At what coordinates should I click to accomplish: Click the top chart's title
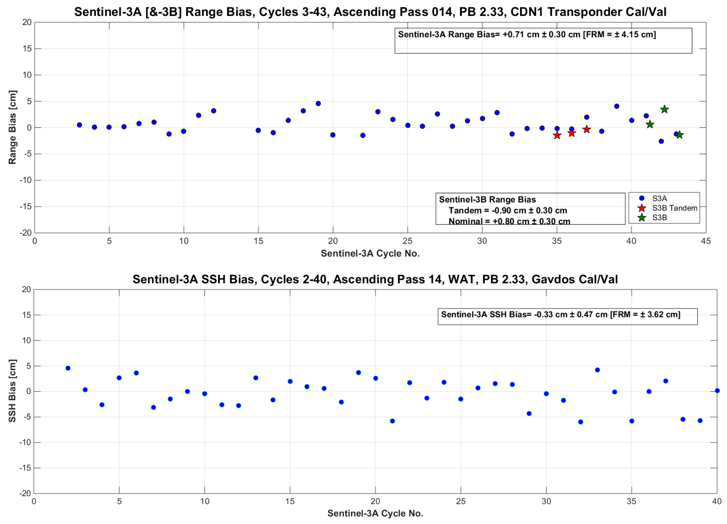(x=370, y=12)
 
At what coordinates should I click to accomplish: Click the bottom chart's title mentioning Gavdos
(x=375, y=279)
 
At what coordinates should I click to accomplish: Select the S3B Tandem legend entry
(x=674, y=208)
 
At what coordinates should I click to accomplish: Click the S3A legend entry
(x=659, y=198)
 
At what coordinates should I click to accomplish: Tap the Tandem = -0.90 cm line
(x=507, y=210)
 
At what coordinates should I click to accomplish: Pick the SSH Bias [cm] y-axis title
(x=12, y=391)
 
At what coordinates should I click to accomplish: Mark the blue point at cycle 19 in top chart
(x=318, y=104)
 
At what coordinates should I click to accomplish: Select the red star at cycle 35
(x=557, y=135)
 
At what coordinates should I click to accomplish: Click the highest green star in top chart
(x=664, y=109)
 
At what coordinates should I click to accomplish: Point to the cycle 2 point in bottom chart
(x=68, y=368)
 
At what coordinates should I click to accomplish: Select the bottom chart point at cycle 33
(x=597, y=370)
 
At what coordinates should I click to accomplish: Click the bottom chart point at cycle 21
(x=392, y=421)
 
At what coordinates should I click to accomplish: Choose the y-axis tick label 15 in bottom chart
(x=27, y=315)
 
